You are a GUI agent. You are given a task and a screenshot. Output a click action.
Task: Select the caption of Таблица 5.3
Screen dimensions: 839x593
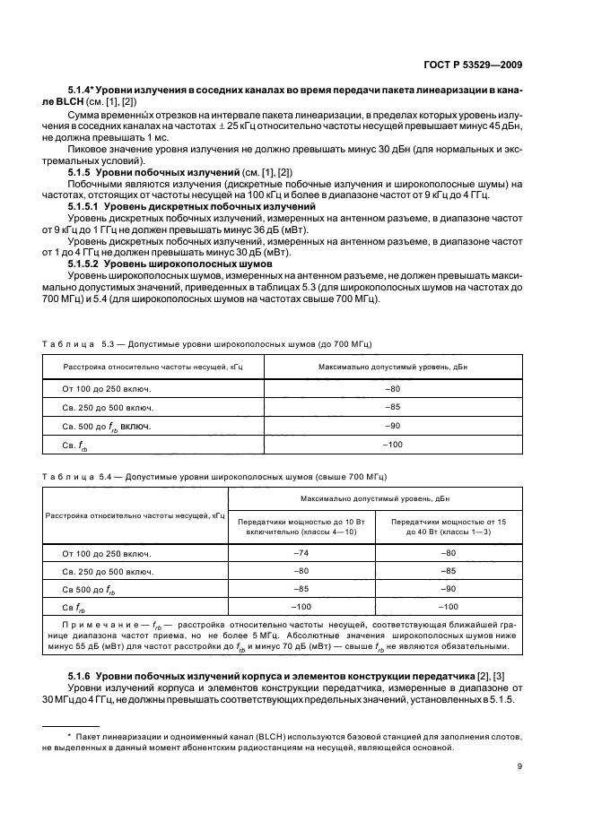point(207,343)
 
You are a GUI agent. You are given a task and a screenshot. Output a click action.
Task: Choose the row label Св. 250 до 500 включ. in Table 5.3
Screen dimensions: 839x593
point(107,407)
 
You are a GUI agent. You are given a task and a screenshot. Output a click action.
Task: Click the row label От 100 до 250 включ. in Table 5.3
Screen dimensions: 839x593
point(107,388)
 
